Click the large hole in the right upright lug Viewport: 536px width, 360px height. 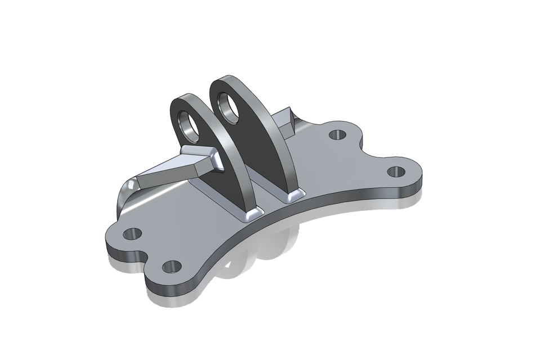[x=229, y=107]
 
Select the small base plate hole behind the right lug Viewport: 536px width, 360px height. [x=337, y=135]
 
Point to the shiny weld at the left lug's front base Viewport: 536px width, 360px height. [x=251, y=213]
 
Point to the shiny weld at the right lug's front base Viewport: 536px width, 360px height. [x=294, y=196]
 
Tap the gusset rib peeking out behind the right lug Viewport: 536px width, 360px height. [x=284, y=121]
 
